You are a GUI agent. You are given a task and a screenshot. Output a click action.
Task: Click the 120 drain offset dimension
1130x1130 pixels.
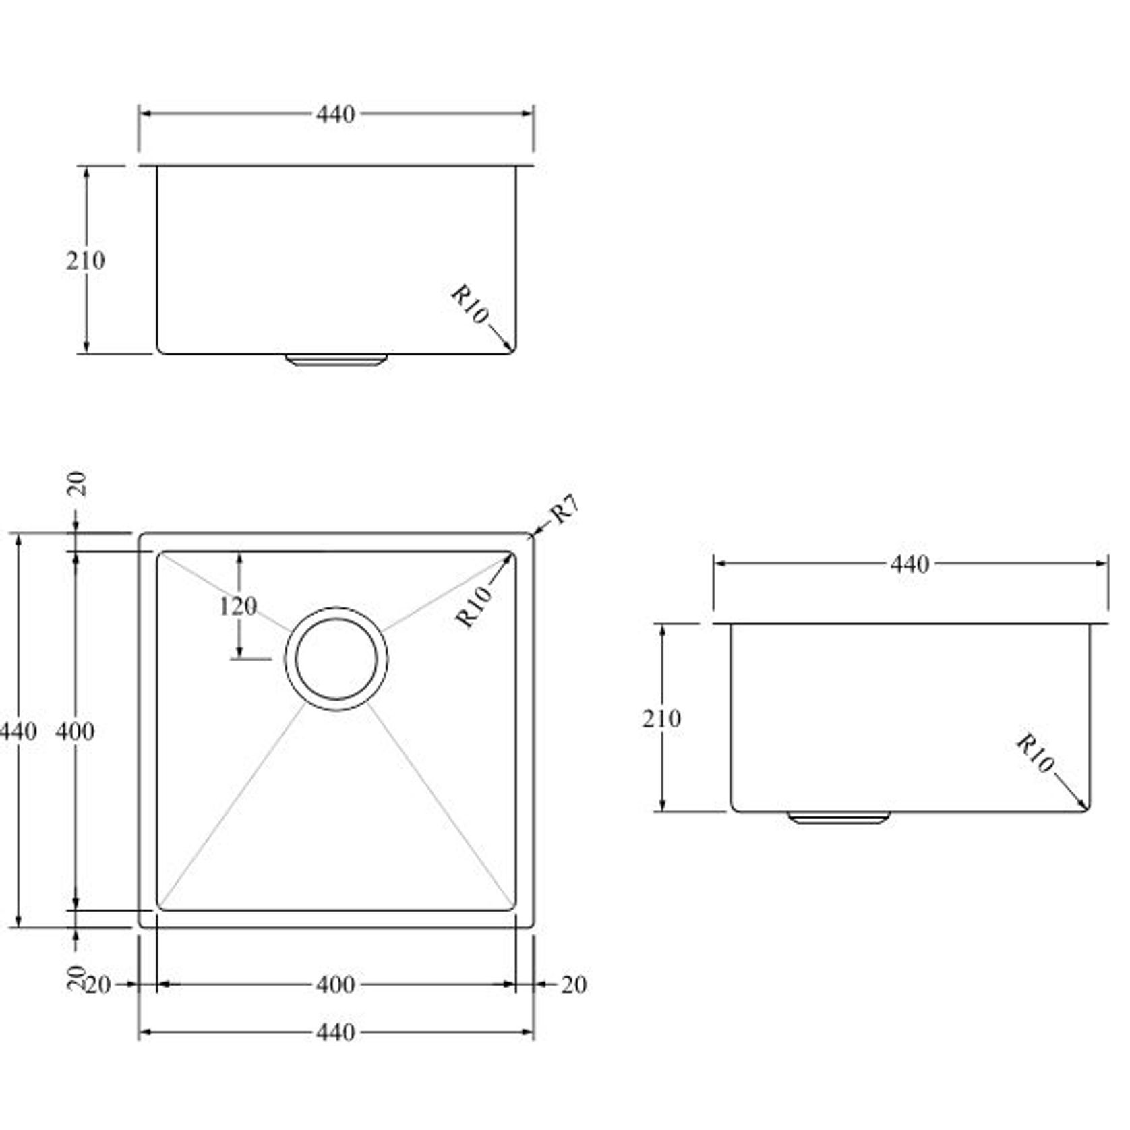(x=238, y=606)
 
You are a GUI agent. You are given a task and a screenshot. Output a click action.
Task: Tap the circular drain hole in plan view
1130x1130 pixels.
(x=336, y=659)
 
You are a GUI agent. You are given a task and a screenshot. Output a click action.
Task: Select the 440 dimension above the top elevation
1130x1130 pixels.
(x=335, y=114)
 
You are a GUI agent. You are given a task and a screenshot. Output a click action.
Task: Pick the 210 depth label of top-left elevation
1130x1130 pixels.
(x=86, y=260)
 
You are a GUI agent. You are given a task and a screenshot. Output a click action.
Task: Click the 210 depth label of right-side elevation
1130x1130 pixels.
(x=661, y=719)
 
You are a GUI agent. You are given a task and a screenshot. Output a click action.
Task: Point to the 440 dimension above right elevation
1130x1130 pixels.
(x=910, y=564)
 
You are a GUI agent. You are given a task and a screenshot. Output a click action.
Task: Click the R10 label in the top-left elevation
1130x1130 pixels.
(x=470, y=305)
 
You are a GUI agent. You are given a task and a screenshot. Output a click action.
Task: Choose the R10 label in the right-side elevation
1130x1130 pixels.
(x=1035, y=754)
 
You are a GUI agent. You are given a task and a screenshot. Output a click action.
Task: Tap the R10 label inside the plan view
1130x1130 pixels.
(x=474, y=606)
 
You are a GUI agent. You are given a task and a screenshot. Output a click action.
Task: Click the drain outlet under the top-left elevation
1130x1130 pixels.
(x=336, y=359)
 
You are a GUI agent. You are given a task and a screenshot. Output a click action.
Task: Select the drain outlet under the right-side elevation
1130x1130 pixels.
(x=839, y=818)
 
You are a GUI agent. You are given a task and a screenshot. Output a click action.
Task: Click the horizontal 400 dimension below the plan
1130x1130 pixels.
(x=335, y=985)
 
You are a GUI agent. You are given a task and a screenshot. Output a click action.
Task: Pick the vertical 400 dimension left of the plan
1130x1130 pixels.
(x=75, y=731)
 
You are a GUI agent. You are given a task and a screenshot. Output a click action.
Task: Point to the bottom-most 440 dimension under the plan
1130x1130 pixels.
(x=335, y=1032)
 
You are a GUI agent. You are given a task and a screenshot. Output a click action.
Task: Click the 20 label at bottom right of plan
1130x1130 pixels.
(x=574, y=985)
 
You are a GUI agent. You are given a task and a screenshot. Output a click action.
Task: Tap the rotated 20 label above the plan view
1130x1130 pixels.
(x=78, y=483)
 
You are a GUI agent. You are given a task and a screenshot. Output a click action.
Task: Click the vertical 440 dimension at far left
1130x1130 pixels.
(x=18, y=731)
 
